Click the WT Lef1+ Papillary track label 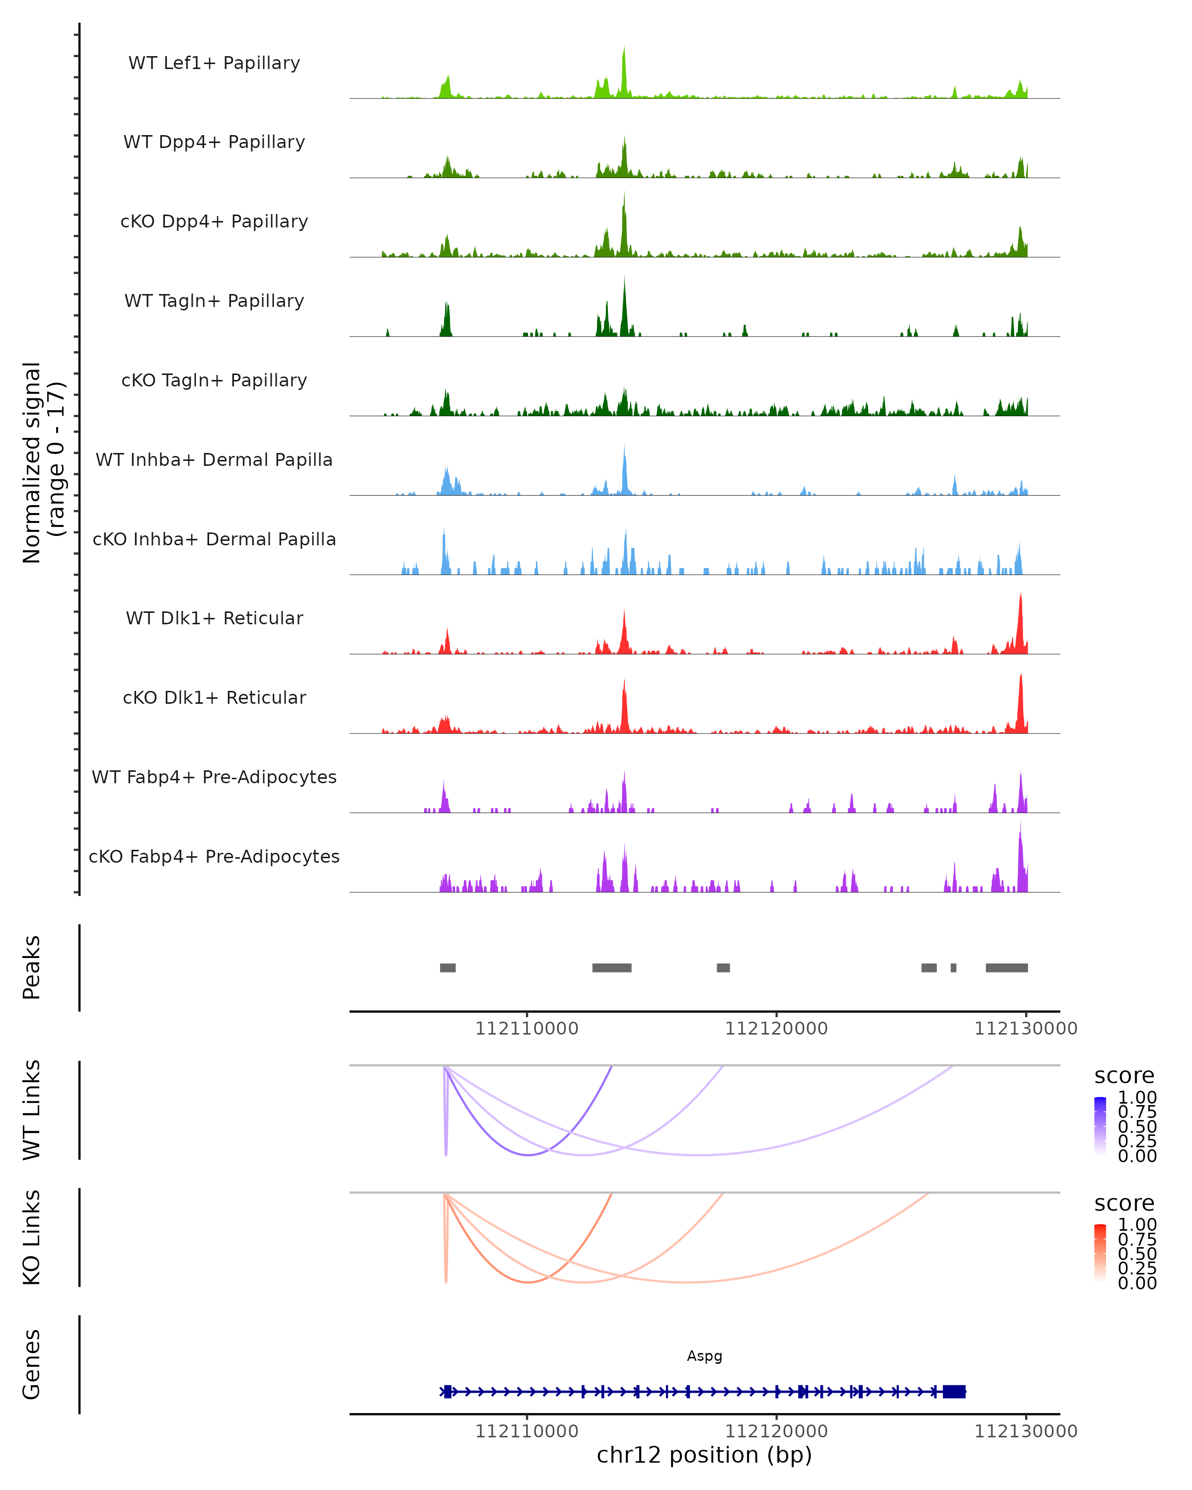tap(214, 63)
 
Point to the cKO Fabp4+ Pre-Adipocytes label tap(214, 856)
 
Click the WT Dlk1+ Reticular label tap(214, 618)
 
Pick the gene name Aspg tap(704, 1356)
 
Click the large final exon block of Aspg tap(954, 1392)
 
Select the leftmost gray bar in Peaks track tap(448, 968)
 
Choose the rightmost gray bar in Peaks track tap(1006, 968)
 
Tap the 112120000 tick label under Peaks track tap(776, 1029)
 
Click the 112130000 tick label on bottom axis tap(1026, 1431)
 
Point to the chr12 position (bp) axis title tap(704, 1455)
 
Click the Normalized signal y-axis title tap(43, 462)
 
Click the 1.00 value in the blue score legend tap(1137, 1098)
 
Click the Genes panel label tap(32, 1364)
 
